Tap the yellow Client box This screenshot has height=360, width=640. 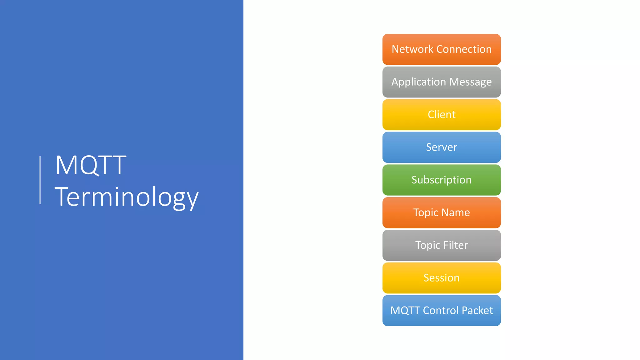tap(441, 115)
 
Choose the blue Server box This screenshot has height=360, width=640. tap(441, 147)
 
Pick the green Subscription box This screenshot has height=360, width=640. tap(441, 180)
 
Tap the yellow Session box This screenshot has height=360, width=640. tap(441, 278)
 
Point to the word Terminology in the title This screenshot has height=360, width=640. tap(126, 197)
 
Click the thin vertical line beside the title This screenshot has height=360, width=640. tap(40, 180)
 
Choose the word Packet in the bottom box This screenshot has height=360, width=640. tap(477, 310)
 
